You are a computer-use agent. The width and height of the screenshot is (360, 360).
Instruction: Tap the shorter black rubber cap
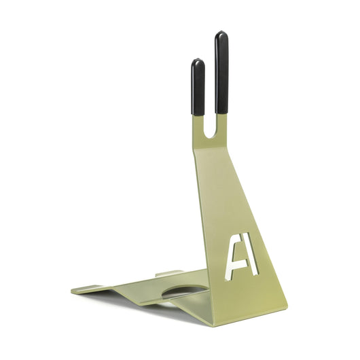tap(198, 87)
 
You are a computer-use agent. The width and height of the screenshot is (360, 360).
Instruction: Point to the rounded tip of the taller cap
tap(221, 34)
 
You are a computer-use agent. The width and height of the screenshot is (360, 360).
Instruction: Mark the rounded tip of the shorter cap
tap(198, 61)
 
